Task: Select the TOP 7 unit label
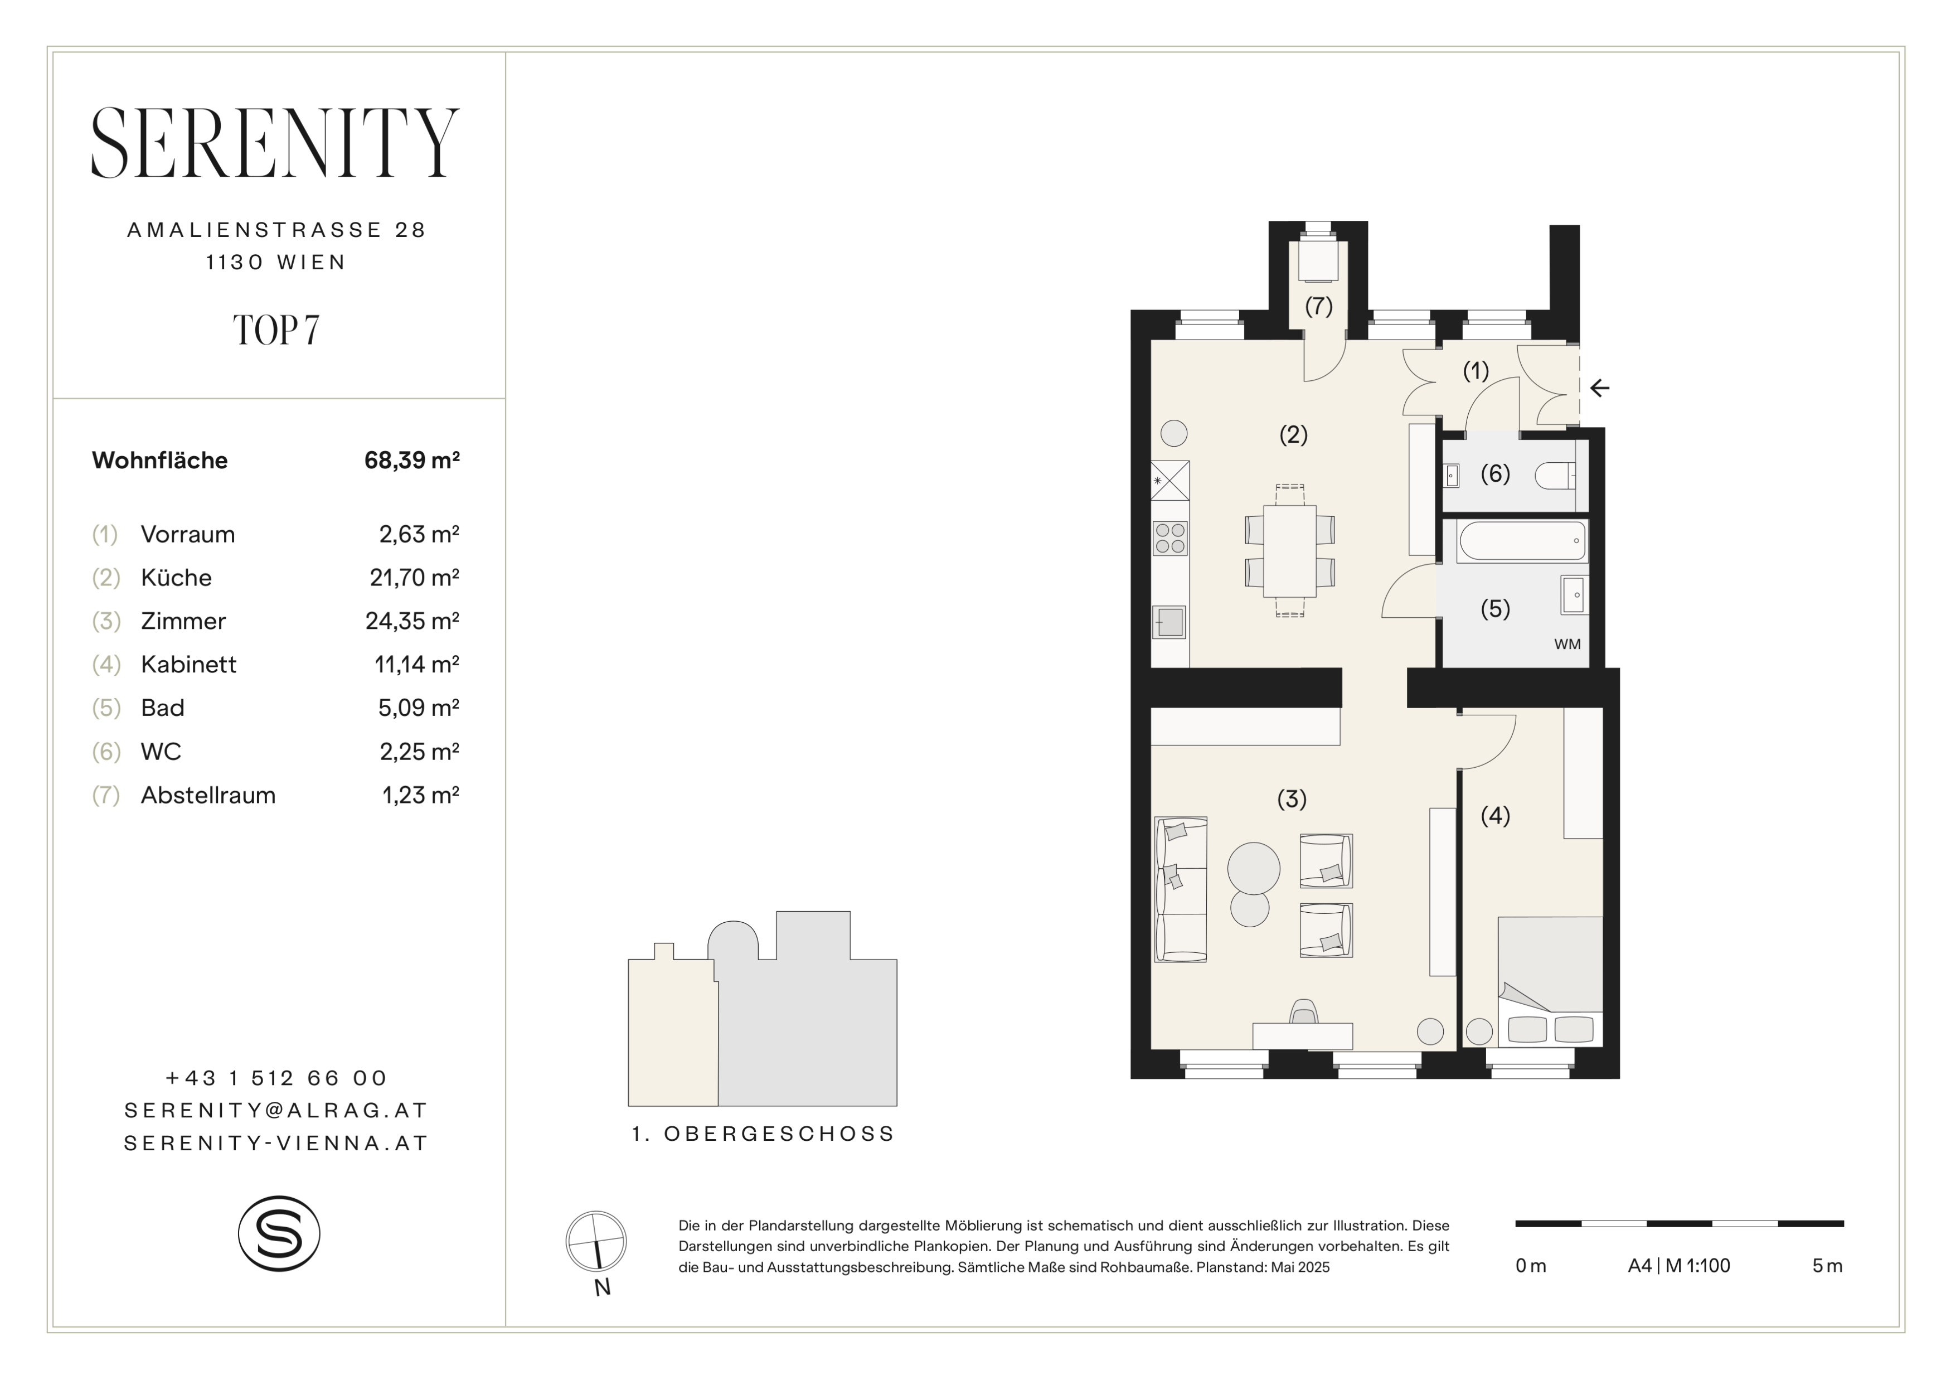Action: click(276, 331)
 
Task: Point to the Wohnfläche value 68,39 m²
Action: click(412, 461)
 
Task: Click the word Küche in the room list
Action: click(176, 578)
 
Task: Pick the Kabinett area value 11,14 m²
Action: click(417, 665)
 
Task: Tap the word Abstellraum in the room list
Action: click(208, 795)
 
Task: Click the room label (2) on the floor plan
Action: click(1293, 435)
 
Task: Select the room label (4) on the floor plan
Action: click(1496, 816)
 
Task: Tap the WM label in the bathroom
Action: click(1567, 644)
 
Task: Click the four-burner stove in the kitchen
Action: click(1170, 539)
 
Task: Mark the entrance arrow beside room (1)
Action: click(1600, 388)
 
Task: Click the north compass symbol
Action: click(596, 1242)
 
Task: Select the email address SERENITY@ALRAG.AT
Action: click(276, 1111)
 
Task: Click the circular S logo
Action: click(279, 1234)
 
